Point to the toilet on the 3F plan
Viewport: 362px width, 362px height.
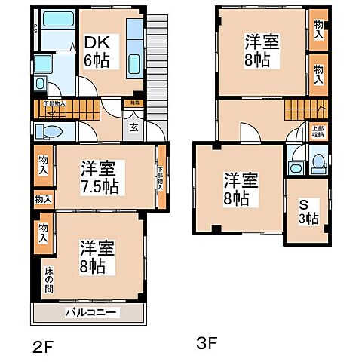(318, 161)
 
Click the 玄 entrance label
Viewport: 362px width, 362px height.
(133, 126)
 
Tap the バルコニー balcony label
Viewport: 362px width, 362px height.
(90, 311)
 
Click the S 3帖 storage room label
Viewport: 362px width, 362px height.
(306, 212)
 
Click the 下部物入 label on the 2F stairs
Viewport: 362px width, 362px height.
(54, 103)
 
